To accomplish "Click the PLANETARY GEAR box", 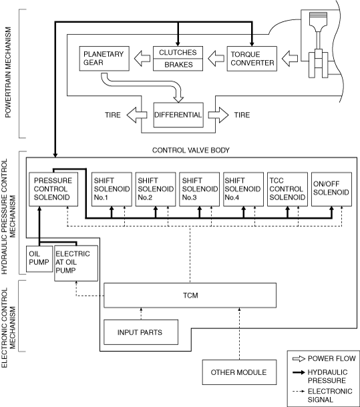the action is pyautogui.click(x=104, y=59).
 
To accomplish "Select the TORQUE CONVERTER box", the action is pyautogui.click(x=252, y=59).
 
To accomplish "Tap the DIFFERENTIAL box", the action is pyautogui.click(x=178, y=115).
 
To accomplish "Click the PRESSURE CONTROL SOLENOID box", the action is pyautogui.click(x=53, y=189).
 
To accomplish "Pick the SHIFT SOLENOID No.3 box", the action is pyautogui.click(x=199, y=189).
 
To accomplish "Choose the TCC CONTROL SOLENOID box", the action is pyautogui.click(x=287, y=189).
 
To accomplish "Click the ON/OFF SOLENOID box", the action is pyautogui.click(x=331, y=189).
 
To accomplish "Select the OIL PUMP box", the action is pyautogui.click(x=39, y=259).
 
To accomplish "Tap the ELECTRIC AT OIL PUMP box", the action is pyautogui.click(x=76, y=263).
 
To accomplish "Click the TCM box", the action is pyautogui.click(x=190, y=296).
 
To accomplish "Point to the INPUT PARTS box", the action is pyautogui.click(x=141, y=332).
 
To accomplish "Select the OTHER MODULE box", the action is pyautogui.click(x=239, y=372).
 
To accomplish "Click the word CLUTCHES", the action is pyautogui.click(x=178, y=53).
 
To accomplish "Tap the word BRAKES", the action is pyautogui.click(x=178, y=65).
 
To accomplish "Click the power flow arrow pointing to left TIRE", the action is pyautogui.click(x=137, y=115).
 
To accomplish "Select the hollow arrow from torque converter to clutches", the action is pyautogui.click(x=216, y=59).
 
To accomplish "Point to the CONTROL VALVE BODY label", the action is pyautogui.click(x=191, y=150).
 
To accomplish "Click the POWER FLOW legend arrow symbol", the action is pyautogui.click(x=299, y=359).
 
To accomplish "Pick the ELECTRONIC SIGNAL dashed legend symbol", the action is pyautogui.click(x=299, y=392).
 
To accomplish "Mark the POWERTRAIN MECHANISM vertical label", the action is pyautogui.click(x=8, y=73).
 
